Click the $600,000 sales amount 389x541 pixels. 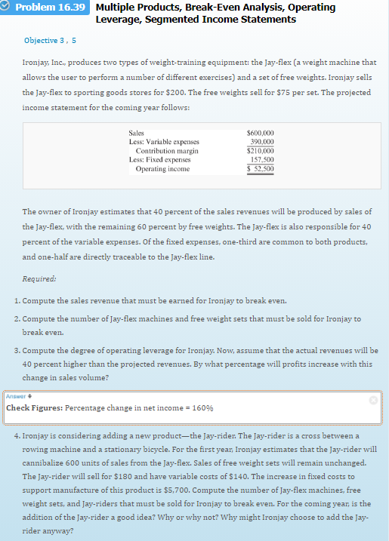pyautogui.click(x=261, y=133)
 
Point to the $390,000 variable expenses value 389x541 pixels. pyautogui.click(x=261, y=141)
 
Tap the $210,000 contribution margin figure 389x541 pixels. pyautogui.click(x=261, y=150)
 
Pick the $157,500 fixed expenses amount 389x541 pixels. pyautogui.click(x=261, y=159)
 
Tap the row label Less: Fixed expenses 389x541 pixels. pyautogui.click(x=164, y=159)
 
